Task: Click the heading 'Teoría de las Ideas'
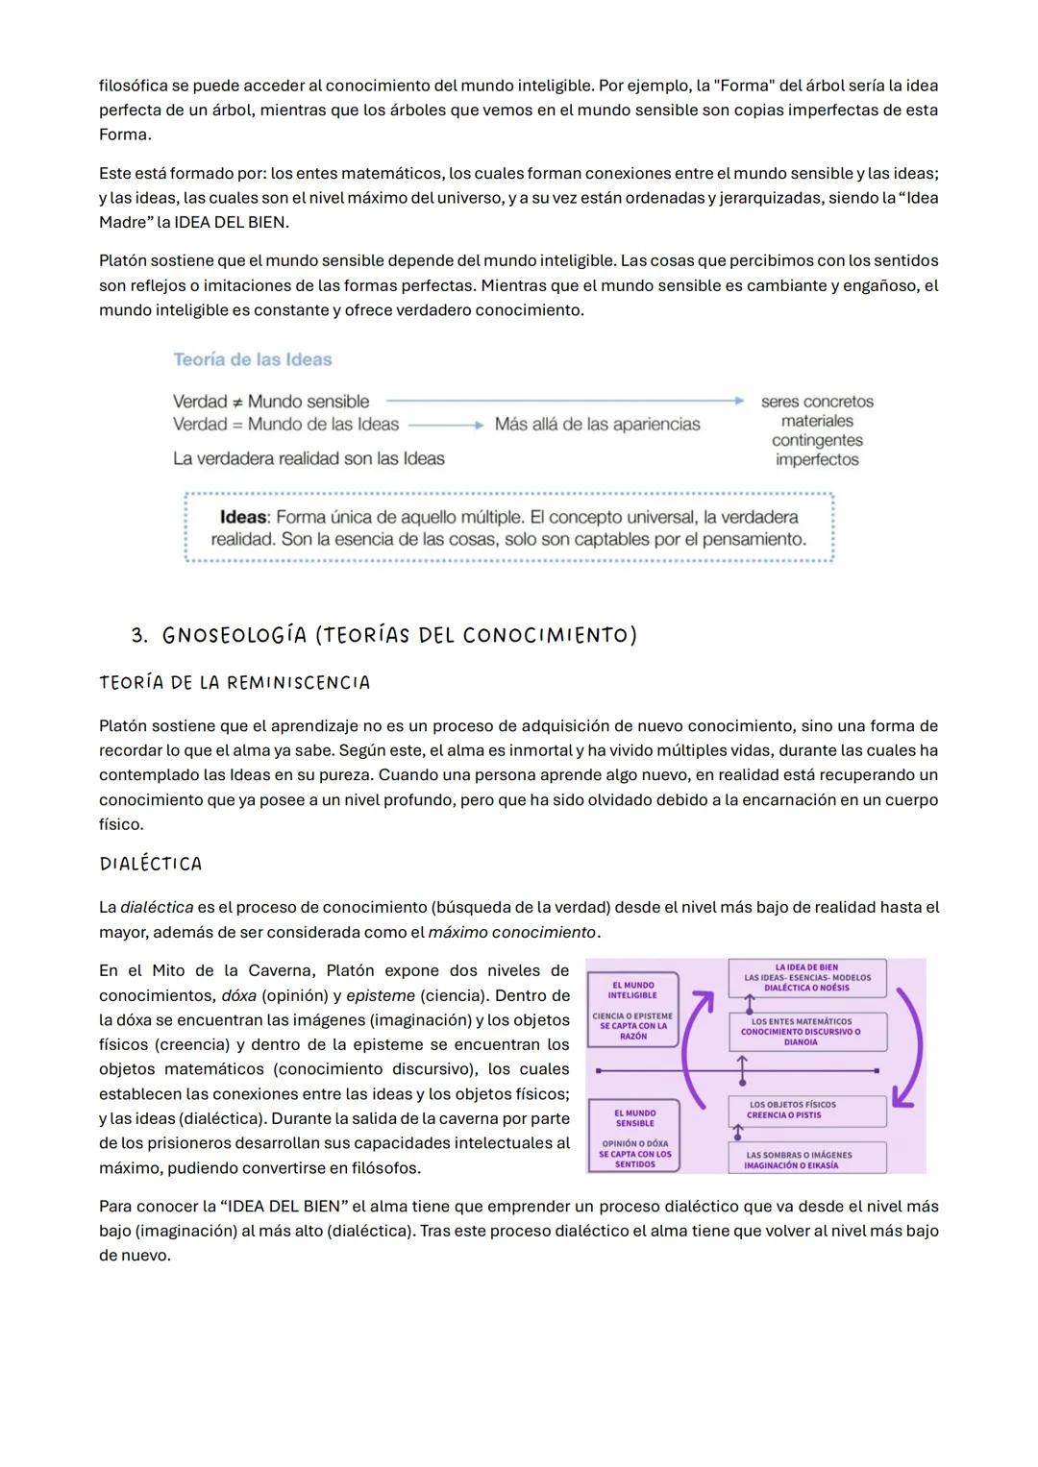pyautogui.click(x=252, y=359)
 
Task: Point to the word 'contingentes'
pyautogui.click(x=817, y=440)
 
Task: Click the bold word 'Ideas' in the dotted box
pyautogui.click(x=243, y=517)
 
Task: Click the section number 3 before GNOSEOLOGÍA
pyautogui.click(x=139, y=636)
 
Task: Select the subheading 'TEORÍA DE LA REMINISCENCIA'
pyautogui.click(x=235, y=683)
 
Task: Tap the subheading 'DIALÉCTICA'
pyautogui.click(x=151, y=864)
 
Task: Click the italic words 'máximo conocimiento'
pyautogui.click(x=511, y=932)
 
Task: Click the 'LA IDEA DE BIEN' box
pyautogui.click(x=806, y=978)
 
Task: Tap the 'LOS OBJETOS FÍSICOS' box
pyautogui.click(x=805, y=1111)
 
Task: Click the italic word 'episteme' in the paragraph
pyautogui.click(x=380, y=995)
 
